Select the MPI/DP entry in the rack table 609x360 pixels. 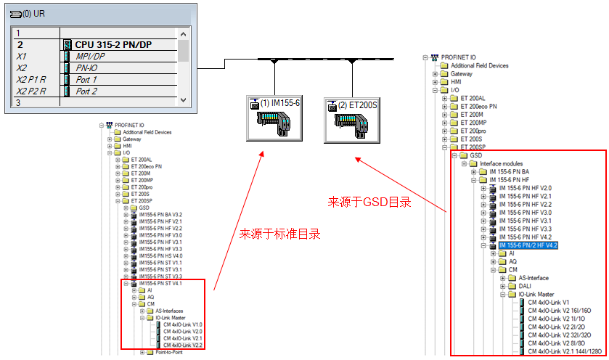tap(90, 56)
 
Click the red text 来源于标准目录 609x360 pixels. tap(279, 234)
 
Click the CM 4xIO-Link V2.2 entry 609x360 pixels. tap(182, 345)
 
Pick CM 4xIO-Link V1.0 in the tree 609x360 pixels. tap(182, 324)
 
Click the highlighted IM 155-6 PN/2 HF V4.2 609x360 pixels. tap(528, 246)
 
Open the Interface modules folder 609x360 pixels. tap(501, 163)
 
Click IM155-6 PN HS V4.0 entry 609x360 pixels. tap(161, 255)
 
